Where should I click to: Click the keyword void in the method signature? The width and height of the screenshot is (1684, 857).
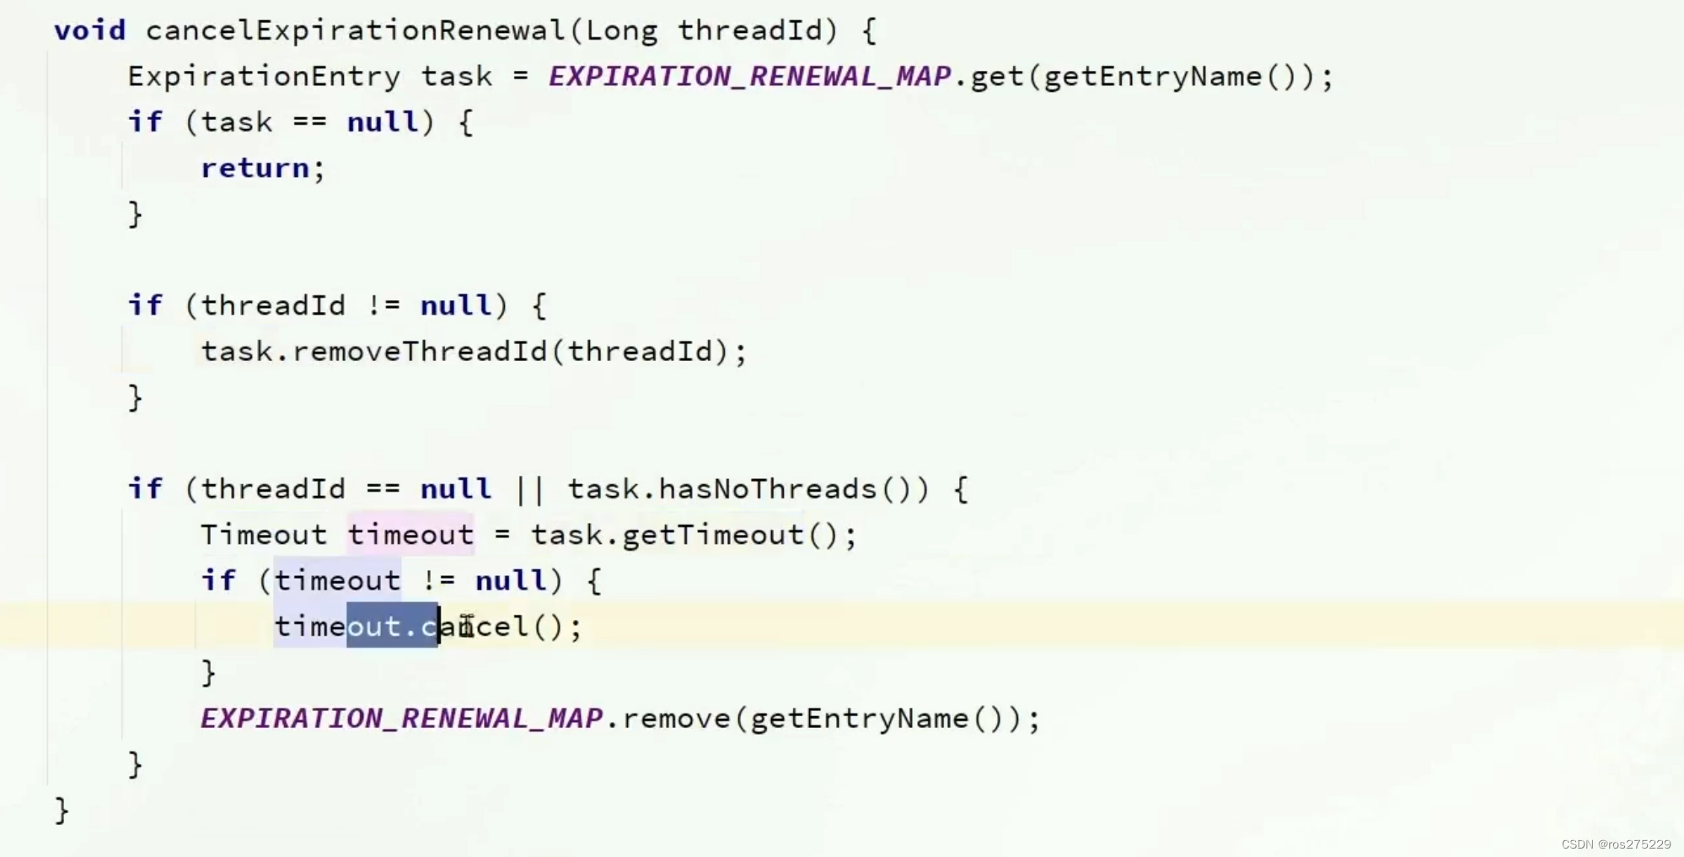[x=89, y=30]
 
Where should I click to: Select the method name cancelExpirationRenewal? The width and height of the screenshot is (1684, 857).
[x=355, y=30]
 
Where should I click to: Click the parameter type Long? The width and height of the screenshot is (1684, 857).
[x=621, y=30]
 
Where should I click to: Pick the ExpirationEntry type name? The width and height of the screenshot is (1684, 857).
[x=264, y=77]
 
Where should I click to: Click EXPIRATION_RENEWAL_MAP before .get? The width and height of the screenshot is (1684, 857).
[x=749, y=77]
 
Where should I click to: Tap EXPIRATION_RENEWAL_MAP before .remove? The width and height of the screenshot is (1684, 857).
[x=401, y=719]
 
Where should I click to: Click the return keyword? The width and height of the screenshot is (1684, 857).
[x=255, y=168]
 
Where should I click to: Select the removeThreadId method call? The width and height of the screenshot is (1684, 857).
[x=419, y=351]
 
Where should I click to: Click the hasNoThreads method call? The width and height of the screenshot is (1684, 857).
[x=767, y=489]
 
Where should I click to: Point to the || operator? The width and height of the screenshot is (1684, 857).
[x=530, y=489]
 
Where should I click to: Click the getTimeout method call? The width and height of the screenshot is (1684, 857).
[x=713, y=535]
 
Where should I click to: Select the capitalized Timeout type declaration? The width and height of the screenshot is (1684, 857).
[x=263, y=535]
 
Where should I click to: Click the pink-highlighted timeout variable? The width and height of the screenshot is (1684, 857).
[x=410, y=535]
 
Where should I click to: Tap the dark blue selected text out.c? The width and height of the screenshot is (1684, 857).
[x=393, y=627]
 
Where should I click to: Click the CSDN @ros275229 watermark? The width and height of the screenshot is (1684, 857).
[x=1616, y=844]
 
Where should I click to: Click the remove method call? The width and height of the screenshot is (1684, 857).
[x=676, y=719]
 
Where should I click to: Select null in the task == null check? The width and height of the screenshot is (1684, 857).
[x=383, y=122]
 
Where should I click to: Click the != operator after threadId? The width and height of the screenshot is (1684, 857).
[x=383, y=305]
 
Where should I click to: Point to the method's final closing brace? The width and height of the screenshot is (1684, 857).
[x=62, y=811]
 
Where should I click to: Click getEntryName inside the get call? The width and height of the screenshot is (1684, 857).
[x=1152, y=77]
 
